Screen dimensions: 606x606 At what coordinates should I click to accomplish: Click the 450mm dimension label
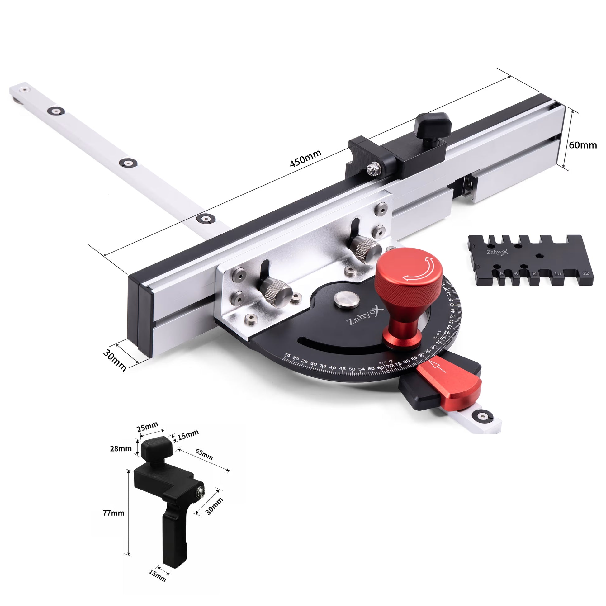tap(305, 159)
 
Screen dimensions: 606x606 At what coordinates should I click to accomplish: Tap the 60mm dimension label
tap(582, 145)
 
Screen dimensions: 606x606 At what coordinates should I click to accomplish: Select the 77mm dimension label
tap(114, 513)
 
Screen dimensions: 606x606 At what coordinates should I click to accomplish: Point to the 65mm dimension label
tap(204, 454)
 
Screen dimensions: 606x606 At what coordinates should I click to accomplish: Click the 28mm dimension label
tap(121, 448)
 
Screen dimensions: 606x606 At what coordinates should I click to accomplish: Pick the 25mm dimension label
tap(147, 427)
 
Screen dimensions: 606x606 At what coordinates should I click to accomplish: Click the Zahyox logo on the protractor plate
tap(365, 316)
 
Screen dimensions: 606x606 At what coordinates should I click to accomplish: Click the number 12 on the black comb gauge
tap(585, 273)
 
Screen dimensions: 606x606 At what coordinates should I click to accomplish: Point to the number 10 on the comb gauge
tap(557, 273)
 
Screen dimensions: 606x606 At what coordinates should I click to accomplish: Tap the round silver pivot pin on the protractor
tap(346, 300)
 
